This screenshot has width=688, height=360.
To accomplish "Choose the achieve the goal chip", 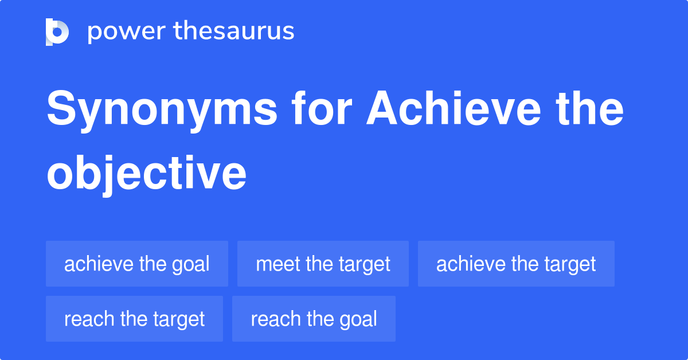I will click(x=137, y=264).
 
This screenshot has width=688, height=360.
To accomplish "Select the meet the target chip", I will click(x=323, y=264).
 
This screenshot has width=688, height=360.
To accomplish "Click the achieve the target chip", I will click(x=516, y=264).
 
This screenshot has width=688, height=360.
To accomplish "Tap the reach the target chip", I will click(x=134, y=319).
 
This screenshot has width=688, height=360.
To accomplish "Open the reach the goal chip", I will click(x=314, y=319).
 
